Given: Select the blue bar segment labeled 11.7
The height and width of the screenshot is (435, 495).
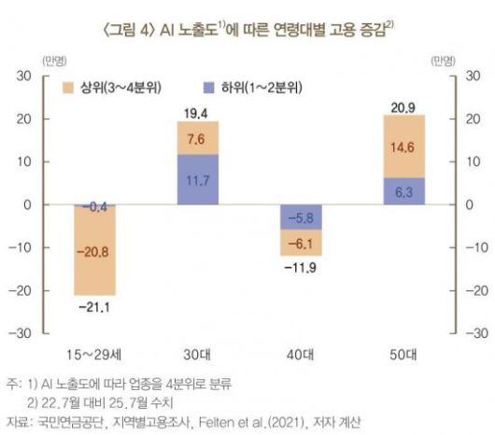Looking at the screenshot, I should tap(198, 179).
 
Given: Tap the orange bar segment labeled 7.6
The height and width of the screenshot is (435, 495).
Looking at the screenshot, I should tap(198, 138).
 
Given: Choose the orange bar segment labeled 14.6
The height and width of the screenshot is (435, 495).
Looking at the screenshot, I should tap(403, 147).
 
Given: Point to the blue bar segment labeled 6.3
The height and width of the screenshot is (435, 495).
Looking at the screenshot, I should tap(403, 191).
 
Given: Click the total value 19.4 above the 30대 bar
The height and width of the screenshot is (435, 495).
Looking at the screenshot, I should tap(198, 112).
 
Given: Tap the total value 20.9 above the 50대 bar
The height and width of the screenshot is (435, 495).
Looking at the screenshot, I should tap(403, 105).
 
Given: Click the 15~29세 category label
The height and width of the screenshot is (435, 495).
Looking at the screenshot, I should tap(95, 357).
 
